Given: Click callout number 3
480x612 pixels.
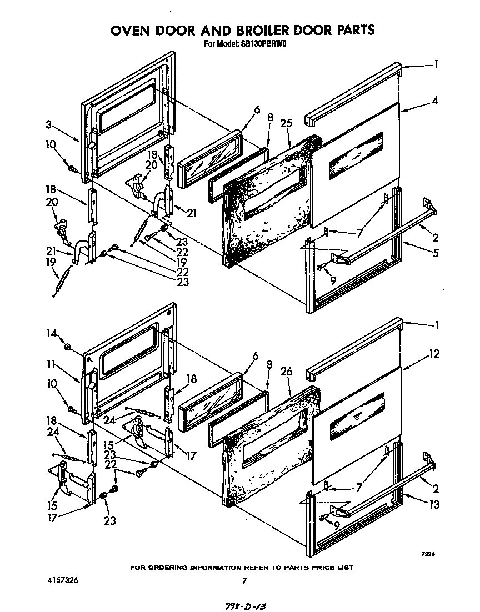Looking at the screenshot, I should pos(49,125).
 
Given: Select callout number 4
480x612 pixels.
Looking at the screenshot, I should pos(435,101).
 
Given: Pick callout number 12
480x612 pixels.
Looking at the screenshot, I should pos(434,354).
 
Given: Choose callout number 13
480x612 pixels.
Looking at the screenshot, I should pos(434,504).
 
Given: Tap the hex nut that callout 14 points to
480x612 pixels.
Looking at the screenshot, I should pos(67,347).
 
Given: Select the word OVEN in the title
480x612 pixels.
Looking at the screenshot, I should pos(131,30).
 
